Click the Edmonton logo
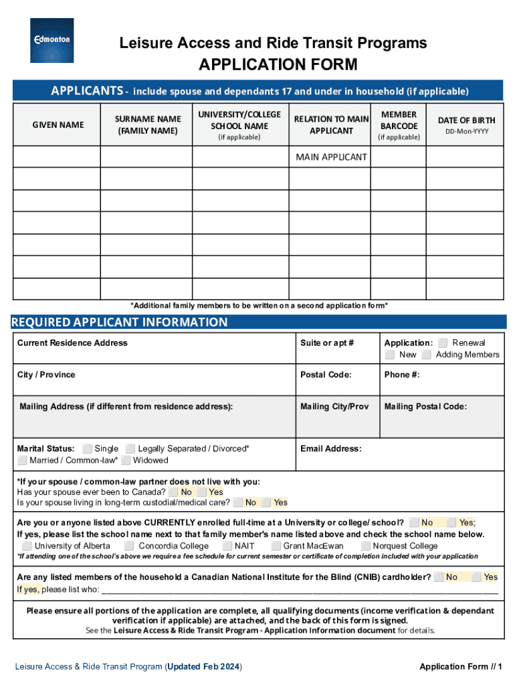(x=52, y=40)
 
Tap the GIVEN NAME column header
(x=58, y=125)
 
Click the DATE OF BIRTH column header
(x=466, y=120)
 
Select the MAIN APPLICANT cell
(x=331, y=157)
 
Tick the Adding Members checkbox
(x=426, y=355)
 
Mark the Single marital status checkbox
(x=87, y=449)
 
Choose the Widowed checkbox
(x=126, y=460)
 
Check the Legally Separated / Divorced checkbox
(x=130, y=449)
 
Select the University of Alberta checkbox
(x=27, y=546)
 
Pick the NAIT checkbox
(x=227, y=546)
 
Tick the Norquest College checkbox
(x=365, y=546)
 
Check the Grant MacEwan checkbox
(x=276, y=546)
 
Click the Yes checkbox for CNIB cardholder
(x=476, y=577)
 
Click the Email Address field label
(x=330, y=449)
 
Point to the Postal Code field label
(x=326, y=375)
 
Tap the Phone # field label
(x=401, y=375)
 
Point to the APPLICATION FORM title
(x=278, y=65)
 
